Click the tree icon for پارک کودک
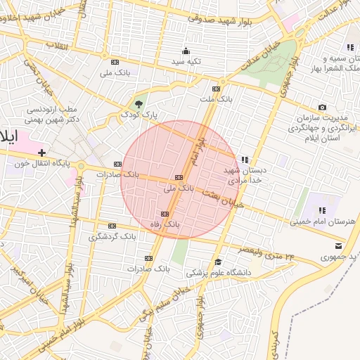click(138, 104)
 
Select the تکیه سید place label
click(186, 62)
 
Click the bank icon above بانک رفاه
click(165, 214)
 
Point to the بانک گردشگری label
click(112, 236)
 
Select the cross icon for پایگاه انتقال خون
click(42, 152)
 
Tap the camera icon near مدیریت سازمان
click(322, 107)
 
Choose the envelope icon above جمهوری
click(340, 245)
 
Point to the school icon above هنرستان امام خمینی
click(322, 210)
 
